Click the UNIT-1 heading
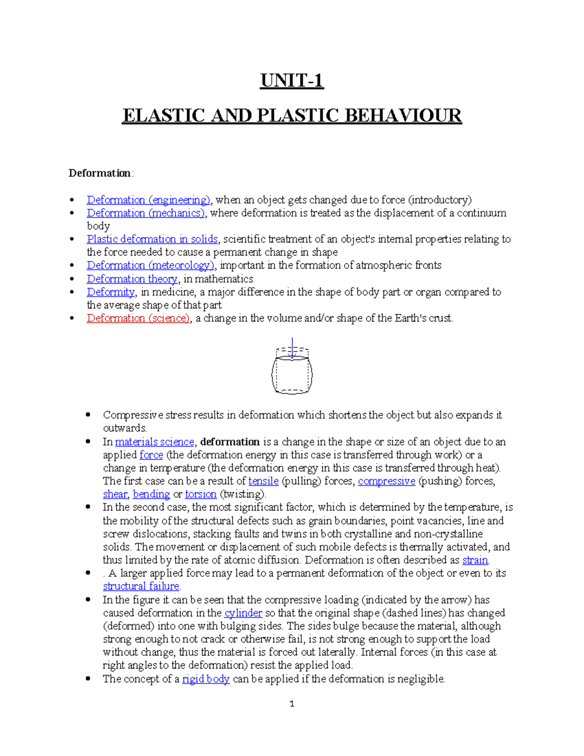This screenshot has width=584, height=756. coord(292,80)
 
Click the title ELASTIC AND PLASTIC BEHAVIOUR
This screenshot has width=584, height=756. coord(292,116)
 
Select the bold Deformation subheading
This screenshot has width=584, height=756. coord(99,173)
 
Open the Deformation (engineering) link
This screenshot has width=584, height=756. coord(148,200)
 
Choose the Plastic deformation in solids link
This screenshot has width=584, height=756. coord(152,239)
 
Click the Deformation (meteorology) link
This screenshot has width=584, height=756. coord(150,265)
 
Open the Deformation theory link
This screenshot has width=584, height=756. coord(132,279)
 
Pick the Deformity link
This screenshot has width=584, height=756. coord(110,292)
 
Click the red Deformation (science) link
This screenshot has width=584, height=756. coord(138,318)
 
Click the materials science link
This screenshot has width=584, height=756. coord(154,442)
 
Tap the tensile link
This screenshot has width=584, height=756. coord(263,481)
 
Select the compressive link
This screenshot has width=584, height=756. coord(386,481)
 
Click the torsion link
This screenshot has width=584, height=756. coord(201,495)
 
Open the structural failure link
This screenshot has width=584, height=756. coord(141,587)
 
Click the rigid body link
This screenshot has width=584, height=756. coord(205,679)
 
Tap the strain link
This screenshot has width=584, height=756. coord(475,560)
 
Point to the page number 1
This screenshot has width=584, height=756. coord(292,704)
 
